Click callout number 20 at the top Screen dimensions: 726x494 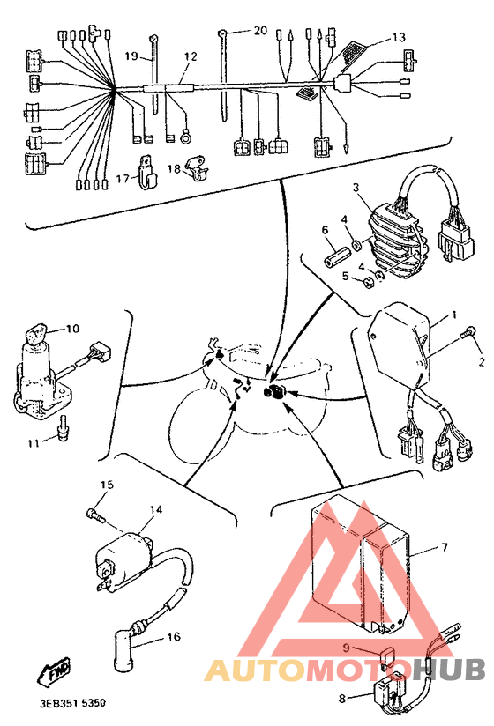tap(259, 30)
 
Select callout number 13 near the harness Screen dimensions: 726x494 tap(400, 38)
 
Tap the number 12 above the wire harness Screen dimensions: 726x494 tap(191, 56)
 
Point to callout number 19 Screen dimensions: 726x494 tap(131, 56)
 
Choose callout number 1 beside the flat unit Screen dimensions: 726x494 tap(454, 315)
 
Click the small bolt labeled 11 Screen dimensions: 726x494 tap(64, 429)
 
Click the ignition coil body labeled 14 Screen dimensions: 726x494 tap(116, 553)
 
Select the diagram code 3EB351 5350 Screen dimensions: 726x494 tap(72, 704)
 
